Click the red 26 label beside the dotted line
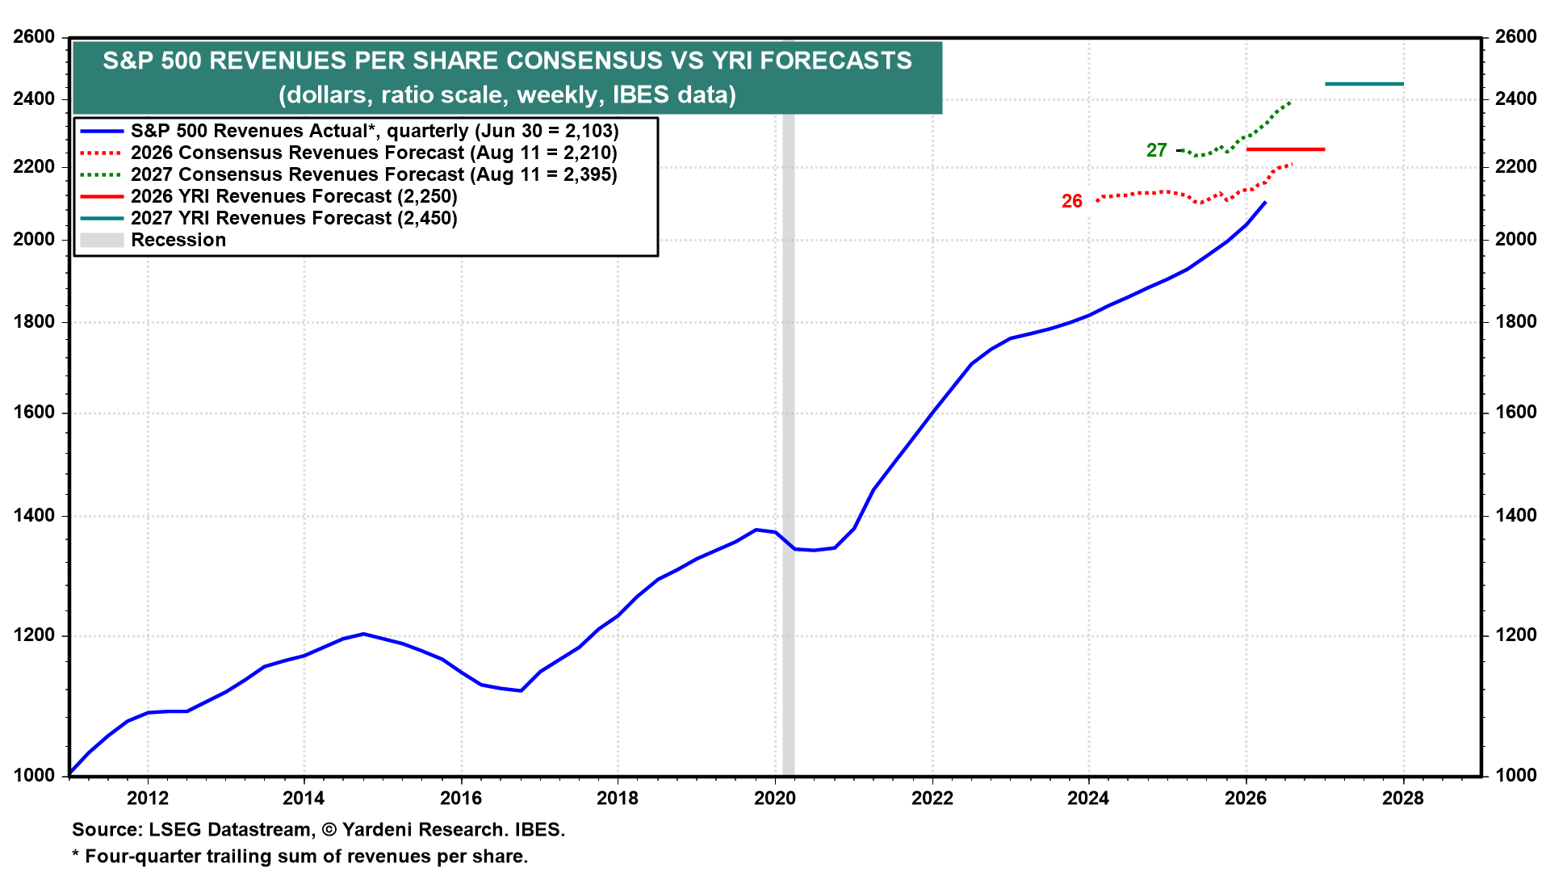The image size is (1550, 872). (x=1071, y=201)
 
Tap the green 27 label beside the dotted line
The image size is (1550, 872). (x=1156, y=150)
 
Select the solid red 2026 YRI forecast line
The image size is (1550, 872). (x=1285, y=149)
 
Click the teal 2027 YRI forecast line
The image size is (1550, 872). (x=1364, y=84)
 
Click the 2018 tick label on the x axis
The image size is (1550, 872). (x=618, y=799)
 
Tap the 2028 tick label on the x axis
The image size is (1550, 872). (x=1403, y=799)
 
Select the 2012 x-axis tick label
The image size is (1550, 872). (x=148, y=799)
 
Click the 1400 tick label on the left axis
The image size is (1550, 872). (x=35, y=515)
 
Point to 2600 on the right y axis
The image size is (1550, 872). (x=1515, y=37)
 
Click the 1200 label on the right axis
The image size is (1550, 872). (x=1515, y=635)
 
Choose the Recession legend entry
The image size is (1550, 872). (x=153, y=240)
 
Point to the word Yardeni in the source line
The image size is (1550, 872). (x=380, y=830)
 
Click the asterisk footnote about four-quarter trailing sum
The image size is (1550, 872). (x=300, y=857)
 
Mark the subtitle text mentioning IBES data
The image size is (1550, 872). (x=508, y=95)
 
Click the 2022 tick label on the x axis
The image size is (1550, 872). (x=932, y=799)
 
